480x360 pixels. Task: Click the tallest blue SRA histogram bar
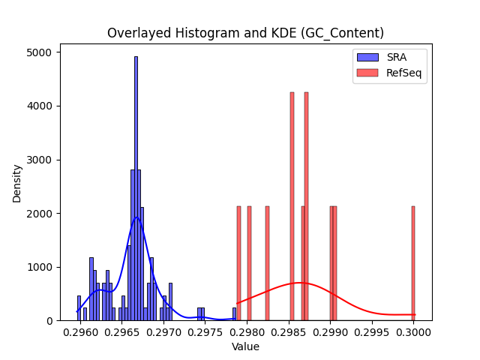[x=136, y=188]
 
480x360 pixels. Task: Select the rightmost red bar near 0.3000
[x=413, y=263]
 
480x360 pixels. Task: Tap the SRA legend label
[x=397, y=57]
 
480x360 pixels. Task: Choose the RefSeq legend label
[x=404, y=73]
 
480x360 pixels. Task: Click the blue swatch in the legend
[x=367, y=57]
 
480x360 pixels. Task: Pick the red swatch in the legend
[x=367, y=73]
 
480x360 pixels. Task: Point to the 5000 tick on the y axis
[x=39, y=52]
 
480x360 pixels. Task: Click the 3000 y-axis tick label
[x=39, y=160]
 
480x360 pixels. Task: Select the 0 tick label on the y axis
[x=49, y=321]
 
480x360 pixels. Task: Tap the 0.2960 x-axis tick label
[x=80, y=332]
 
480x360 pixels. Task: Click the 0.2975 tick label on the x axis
[x=205, y=332]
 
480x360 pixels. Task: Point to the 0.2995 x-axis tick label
[x=372, y=332]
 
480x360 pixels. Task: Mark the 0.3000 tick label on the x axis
[x=413, y=332]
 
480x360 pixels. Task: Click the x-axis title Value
[x=245, y=346]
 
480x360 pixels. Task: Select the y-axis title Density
[x=16, y=184]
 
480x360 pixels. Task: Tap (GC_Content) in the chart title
[x=342, y=33]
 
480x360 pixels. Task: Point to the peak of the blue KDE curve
[x=136, y=217]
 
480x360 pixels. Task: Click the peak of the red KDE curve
[x=300, y=283]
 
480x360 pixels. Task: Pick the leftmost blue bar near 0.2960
[x=79, y=308]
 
